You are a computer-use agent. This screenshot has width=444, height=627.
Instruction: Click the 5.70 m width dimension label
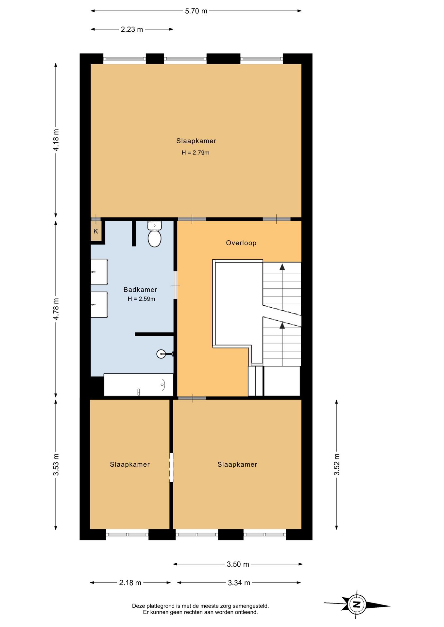click(196, 11)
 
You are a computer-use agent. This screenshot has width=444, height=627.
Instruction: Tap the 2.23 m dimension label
click(132, 29)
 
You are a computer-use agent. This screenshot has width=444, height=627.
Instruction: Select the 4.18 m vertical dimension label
click(56, 140)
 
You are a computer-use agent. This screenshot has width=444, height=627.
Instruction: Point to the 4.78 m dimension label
click(56, 309)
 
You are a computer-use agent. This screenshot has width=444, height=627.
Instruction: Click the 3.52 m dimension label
click(337, 464)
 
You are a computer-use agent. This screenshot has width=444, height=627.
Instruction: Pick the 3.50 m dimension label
click(238, 564)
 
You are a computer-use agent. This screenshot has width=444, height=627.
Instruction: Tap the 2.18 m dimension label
click(130, 583)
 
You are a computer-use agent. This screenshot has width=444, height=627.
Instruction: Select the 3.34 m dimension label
click(239, 583)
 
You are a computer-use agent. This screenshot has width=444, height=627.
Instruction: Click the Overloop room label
click(241, 243)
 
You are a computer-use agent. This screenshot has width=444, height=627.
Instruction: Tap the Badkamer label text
click(140, 290)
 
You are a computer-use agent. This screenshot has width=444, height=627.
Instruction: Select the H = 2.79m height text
click(196, 153)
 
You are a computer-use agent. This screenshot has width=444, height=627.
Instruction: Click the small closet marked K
click(96, 231)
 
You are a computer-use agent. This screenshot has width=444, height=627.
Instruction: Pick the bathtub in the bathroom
click(139, 385)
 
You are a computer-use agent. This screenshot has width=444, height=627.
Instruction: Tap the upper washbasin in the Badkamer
click(99, 272)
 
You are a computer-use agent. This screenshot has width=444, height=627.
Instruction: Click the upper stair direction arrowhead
click(282, 267)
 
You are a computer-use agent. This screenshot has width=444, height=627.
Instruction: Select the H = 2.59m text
click(141, 299)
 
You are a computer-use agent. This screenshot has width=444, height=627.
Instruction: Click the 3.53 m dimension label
click(56, 464)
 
